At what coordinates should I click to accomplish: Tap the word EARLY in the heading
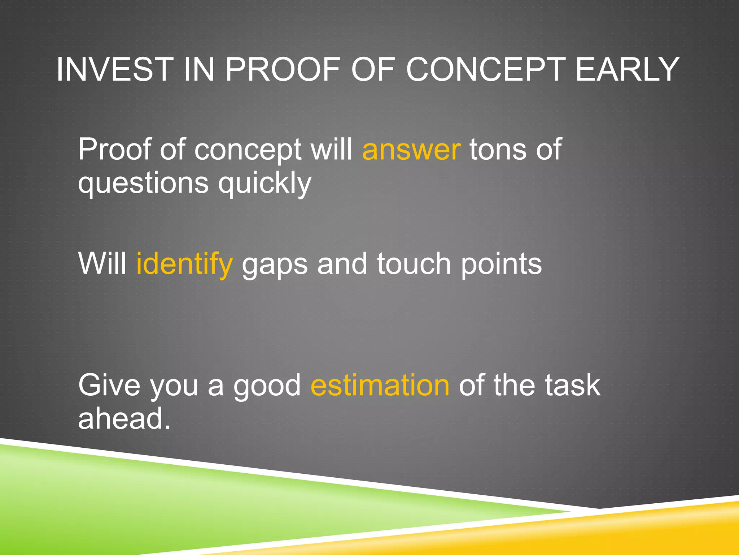pyautogui.click(x=627, y=69)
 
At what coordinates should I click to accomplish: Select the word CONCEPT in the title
pyautogui.click(x=485, y=69)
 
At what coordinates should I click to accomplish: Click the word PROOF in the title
pyautogui.click(x=283, y=69)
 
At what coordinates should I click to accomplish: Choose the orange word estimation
pyautogui.click(x=380, y=386)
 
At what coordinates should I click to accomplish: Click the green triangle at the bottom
pyautogui.click(x=144, y=506)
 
